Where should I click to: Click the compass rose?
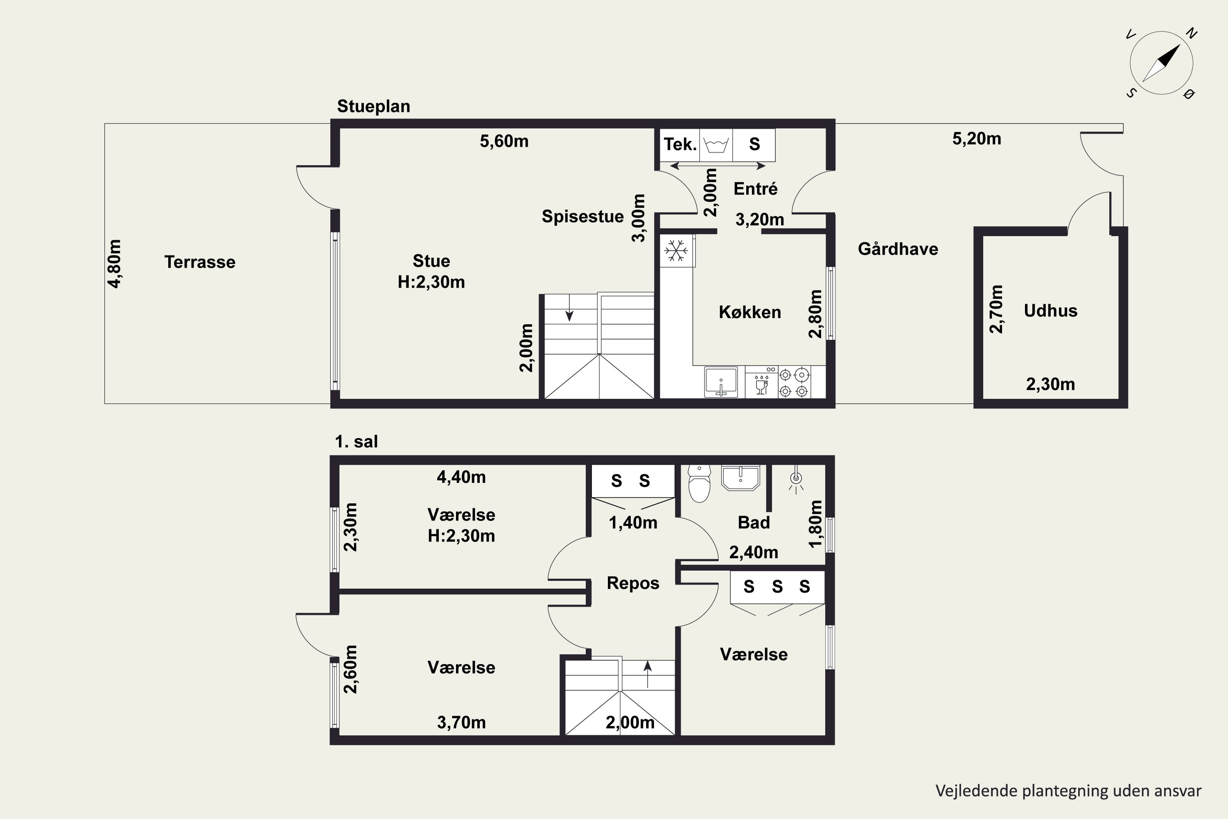coord(1161,63)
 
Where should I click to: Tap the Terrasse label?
coord(200,262)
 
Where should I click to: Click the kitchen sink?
coord(720,382)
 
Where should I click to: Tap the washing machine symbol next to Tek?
coord(716,144)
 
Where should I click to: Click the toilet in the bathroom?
coord(699,483)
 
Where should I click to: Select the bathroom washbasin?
coord(740,478)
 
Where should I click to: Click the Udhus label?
coord(1050,311)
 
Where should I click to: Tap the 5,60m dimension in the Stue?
coord(504,141)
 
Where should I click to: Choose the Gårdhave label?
coord(898,249)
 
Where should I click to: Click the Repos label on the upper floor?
coord(633,583)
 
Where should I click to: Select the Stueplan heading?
coord(374,106)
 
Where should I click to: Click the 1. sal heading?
coord(356,442)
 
